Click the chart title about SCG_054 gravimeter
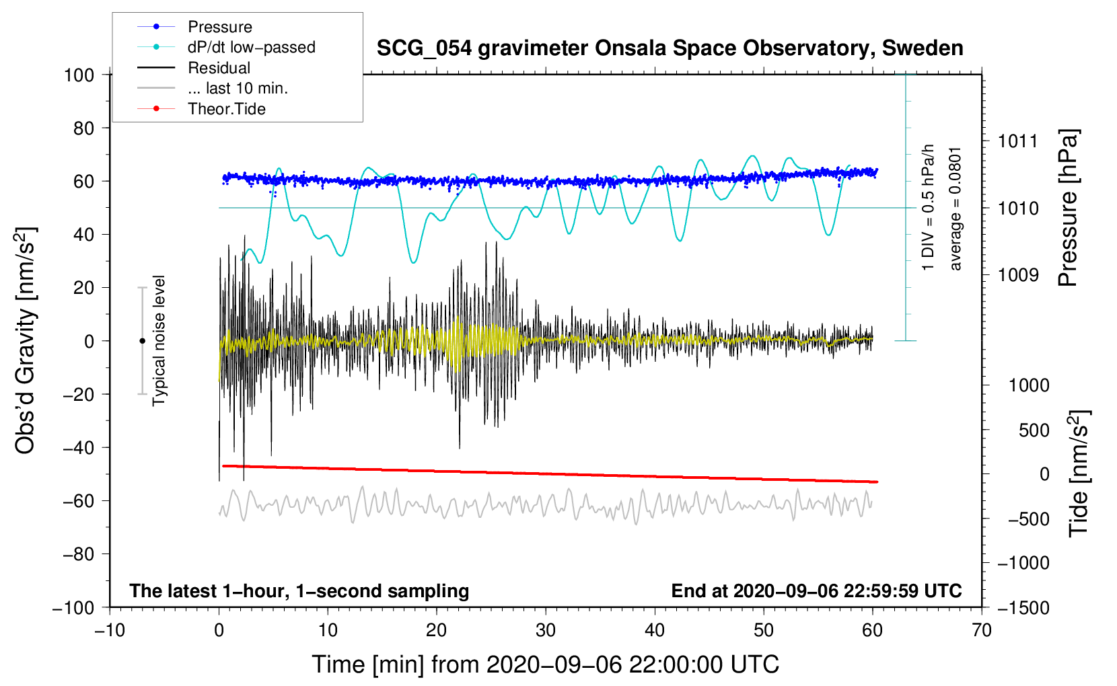click(x=670, y=48)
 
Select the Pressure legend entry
click(x=219, y=27)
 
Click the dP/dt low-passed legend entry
click(x=251, y=47)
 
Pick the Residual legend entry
click(x=219, y=68)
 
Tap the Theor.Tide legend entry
click(x=226, y=109)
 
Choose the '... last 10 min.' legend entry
click(x=238, y=88)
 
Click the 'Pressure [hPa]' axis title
click(x=1068, y=208)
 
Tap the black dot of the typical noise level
click(x=142, y=341)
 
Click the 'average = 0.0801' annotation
click(x=955, y=209)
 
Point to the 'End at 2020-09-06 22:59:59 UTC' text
click(x=816, y=590)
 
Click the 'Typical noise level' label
click(x=159, y=341)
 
